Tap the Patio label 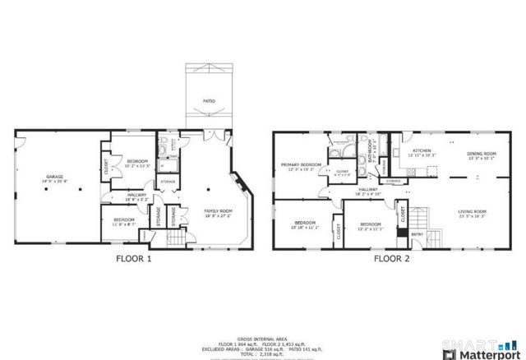pyautogui.click(x=210, y=102)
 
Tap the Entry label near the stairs pyautogui.click(x=418, y=235)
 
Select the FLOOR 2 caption pyautogui.click(x=392, y=258)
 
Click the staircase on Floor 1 pyautogui.click(x=178, y=239)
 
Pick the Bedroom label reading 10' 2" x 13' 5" pyautogui.click(x=136, y=163)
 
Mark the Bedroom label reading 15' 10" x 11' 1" pyautogui.click(x=305, y=224)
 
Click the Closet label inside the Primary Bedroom pyautogui.click(x=343, y=173)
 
